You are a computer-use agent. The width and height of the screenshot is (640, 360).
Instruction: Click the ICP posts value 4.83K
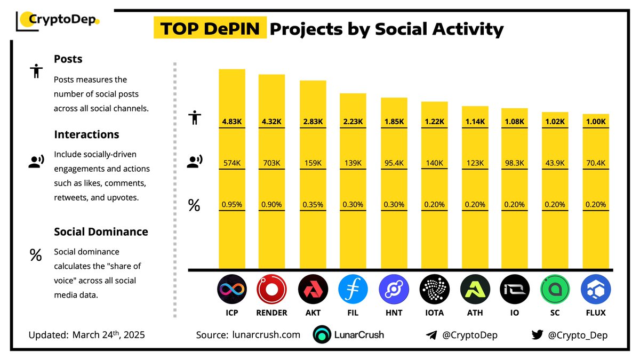pos(231,122)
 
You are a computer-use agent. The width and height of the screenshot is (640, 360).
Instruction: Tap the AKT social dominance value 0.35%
pos(312,204)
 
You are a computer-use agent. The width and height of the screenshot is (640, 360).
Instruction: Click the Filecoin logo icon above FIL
pos(353,290)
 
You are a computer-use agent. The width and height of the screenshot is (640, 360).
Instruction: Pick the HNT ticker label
pos(393,313)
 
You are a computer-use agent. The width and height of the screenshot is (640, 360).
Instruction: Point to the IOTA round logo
pos(434,290)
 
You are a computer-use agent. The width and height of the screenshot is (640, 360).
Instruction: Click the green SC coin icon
pos(555,290)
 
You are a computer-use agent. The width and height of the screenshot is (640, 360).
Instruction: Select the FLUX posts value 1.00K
pos(596,122)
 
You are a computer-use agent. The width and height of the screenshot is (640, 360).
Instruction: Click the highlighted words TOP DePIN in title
pos(210,29)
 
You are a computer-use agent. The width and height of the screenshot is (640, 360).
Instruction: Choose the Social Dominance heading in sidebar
pos(101,232)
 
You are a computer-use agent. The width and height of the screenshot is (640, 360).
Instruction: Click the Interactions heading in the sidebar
pos(86,134)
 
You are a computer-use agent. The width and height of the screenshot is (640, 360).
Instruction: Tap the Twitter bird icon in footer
pos(537,335)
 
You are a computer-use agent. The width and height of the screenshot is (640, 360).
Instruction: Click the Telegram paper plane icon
pos(431,335)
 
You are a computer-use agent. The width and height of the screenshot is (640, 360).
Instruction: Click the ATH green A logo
pos(474,290)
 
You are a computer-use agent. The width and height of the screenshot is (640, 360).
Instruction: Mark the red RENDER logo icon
pos(271,290)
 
